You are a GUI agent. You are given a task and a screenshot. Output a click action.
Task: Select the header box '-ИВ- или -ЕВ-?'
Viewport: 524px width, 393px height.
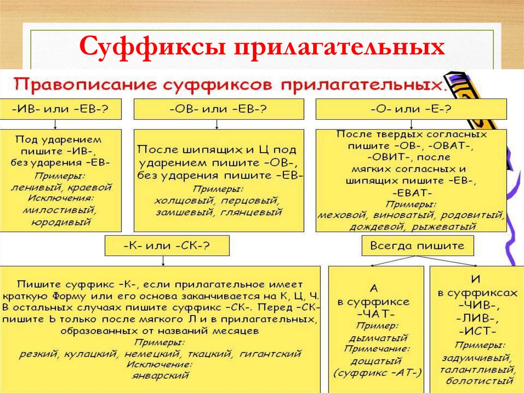(61, 109)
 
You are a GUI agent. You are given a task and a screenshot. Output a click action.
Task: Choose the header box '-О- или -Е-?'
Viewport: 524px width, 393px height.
(411, 109)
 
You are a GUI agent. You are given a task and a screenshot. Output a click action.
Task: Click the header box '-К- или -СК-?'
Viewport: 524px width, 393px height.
(166, 246)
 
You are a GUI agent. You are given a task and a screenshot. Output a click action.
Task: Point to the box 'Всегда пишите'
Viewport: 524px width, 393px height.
(418, 246)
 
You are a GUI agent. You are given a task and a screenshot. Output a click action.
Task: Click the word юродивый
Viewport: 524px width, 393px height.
(61, 222)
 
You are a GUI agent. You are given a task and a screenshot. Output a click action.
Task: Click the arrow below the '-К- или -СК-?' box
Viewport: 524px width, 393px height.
(163, 261)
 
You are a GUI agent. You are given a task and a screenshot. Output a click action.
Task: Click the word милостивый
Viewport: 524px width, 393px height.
(61, 210)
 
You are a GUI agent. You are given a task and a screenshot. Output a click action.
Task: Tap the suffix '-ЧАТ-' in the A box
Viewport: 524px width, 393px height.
(377, 313)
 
